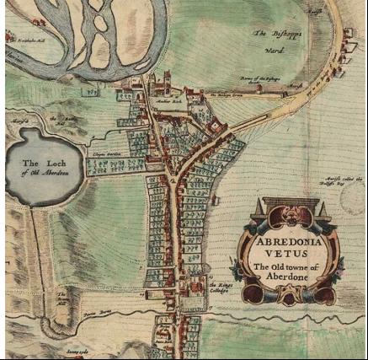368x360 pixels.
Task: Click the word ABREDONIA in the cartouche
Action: (x=290, y=238)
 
